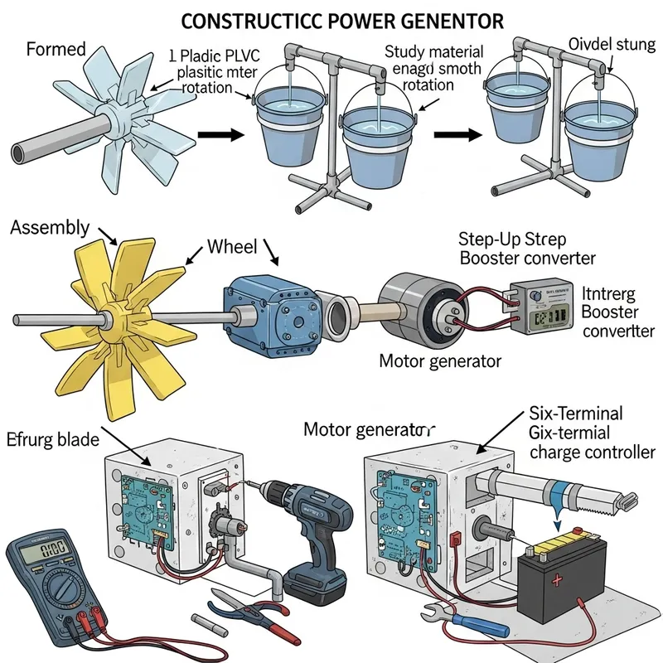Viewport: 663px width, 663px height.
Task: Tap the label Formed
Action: pyautogui.click(x=56, y=49)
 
